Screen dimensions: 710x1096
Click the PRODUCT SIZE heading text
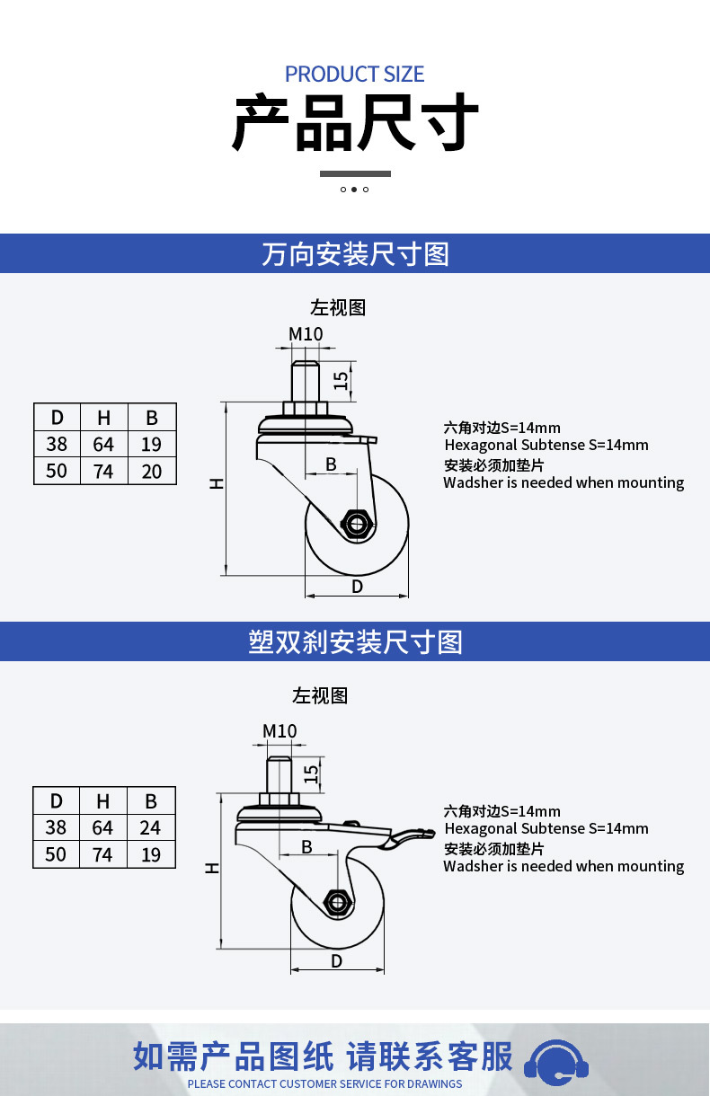point(354,75)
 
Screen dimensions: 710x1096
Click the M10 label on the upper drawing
point(306,334)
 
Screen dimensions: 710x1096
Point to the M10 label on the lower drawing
point(280,731)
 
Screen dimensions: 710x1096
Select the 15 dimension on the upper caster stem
point(341,380)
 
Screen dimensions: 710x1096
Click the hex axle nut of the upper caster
point(357,525)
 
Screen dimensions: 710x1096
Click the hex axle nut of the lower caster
point(337,901)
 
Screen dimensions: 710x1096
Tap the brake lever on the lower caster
point(411,837)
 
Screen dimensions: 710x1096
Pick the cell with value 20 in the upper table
point(152,471)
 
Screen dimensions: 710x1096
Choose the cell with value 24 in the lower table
point(151,828)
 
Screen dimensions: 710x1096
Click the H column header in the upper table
point(104,418)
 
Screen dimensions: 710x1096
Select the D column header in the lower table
point(57,801)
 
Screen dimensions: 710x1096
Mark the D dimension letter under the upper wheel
point(358,587)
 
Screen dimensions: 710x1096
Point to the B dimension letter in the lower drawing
point(307,847)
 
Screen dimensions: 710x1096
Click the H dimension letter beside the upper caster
point(217,483)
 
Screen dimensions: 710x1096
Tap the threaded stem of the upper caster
point(305,381)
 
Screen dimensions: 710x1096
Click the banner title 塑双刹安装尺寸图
point(355,642)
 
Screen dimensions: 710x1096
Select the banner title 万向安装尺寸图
point(355,254)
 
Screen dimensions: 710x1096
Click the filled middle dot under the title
point(354,190)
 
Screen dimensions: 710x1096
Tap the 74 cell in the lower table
point(102,854)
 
